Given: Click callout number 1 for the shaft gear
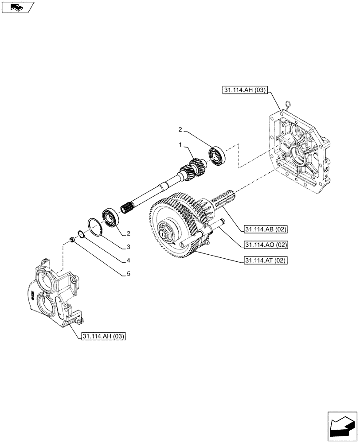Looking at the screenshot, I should (180, 145).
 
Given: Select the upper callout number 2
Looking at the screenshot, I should (180, 129).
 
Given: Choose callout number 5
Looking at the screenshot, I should (128, 274).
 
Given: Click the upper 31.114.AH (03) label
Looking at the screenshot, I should (245, 90).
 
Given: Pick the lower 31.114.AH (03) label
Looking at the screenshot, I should (103, 337).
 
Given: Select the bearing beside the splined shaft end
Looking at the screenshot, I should (111, 217).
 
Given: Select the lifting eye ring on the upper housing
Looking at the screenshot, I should (289, 105).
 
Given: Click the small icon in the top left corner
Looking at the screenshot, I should (17, 7).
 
